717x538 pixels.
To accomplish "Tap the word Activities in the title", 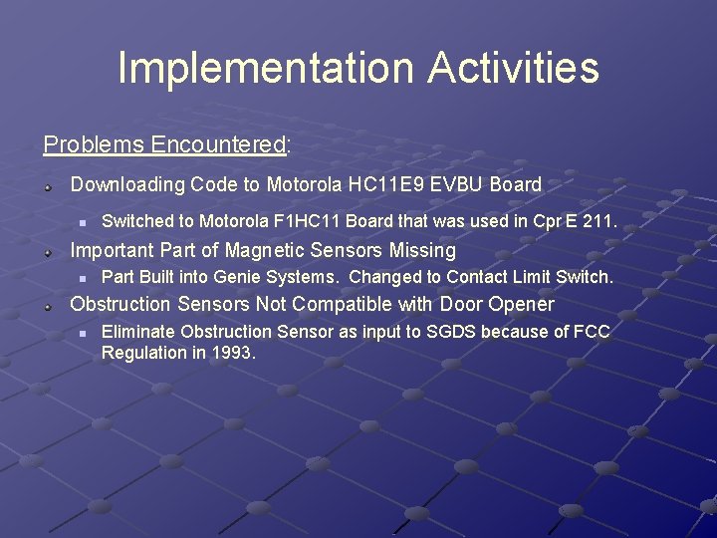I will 514,69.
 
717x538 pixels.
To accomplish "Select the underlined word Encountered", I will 218,145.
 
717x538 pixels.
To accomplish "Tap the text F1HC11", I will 309,222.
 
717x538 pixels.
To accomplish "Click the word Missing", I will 422,250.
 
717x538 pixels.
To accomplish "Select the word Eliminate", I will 137,331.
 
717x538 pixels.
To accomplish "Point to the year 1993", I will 234,353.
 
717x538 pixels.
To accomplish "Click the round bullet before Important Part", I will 47,251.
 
